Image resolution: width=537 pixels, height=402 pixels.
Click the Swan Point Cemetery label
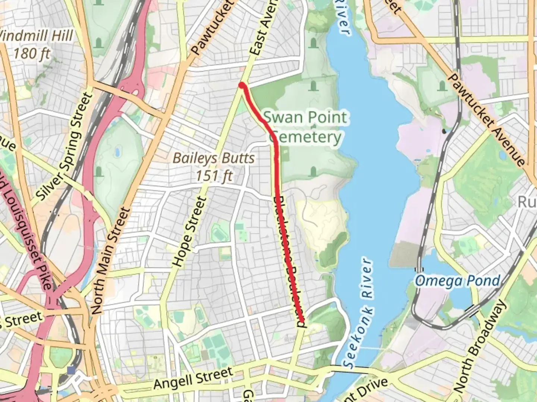tap(305, 127)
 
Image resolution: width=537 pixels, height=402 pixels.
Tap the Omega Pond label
tap(457, 281)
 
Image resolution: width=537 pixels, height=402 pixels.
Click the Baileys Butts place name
tap(214, 158)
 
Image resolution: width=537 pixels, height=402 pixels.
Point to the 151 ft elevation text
tap(214, 176)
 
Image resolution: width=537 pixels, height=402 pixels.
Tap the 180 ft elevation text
tap(31, 53)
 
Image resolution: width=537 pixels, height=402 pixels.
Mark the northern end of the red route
tap(242, 86)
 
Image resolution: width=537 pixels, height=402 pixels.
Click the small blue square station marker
tap(71, 370)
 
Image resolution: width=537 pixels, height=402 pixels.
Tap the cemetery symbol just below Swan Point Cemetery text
tap(313, 171)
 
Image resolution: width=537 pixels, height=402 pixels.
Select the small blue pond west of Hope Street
tap(117, 152)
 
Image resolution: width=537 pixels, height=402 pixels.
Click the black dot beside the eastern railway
tap(443, 131)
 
